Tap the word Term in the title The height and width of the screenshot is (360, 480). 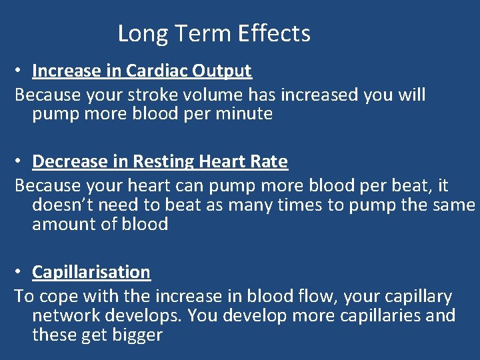[x=197, y=33]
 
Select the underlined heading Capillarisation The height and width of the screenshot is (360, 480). [x=91, y=272]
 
